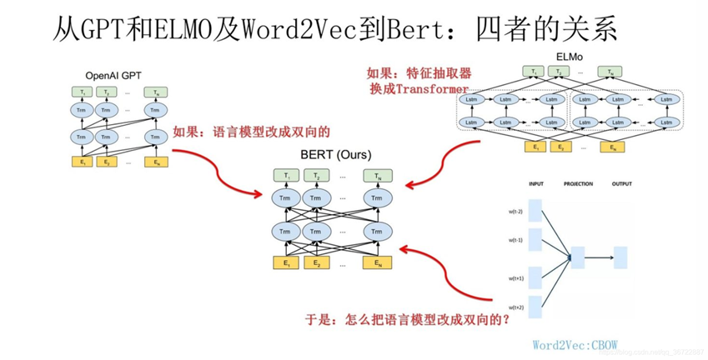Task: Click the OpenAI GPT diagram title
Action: coord(113,75)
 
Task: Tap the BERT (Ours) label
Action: coord(335,155)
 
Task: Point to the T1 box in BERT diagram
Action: coord(287,177)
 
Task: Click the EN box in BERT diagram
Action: coord(377,263)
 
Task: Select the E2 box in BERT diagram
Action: coord(316,263)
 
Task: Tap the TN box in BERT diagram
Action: coord(377,177)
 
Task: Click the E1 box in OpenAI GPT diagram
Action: coord(82,162)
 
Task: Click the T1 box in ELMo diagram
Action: coord(534,72)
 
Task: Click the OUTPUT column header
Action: coord(621,184)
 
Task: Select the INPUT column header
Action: coord(535,184)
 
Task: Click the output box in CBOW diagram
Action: coord(620,257)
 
